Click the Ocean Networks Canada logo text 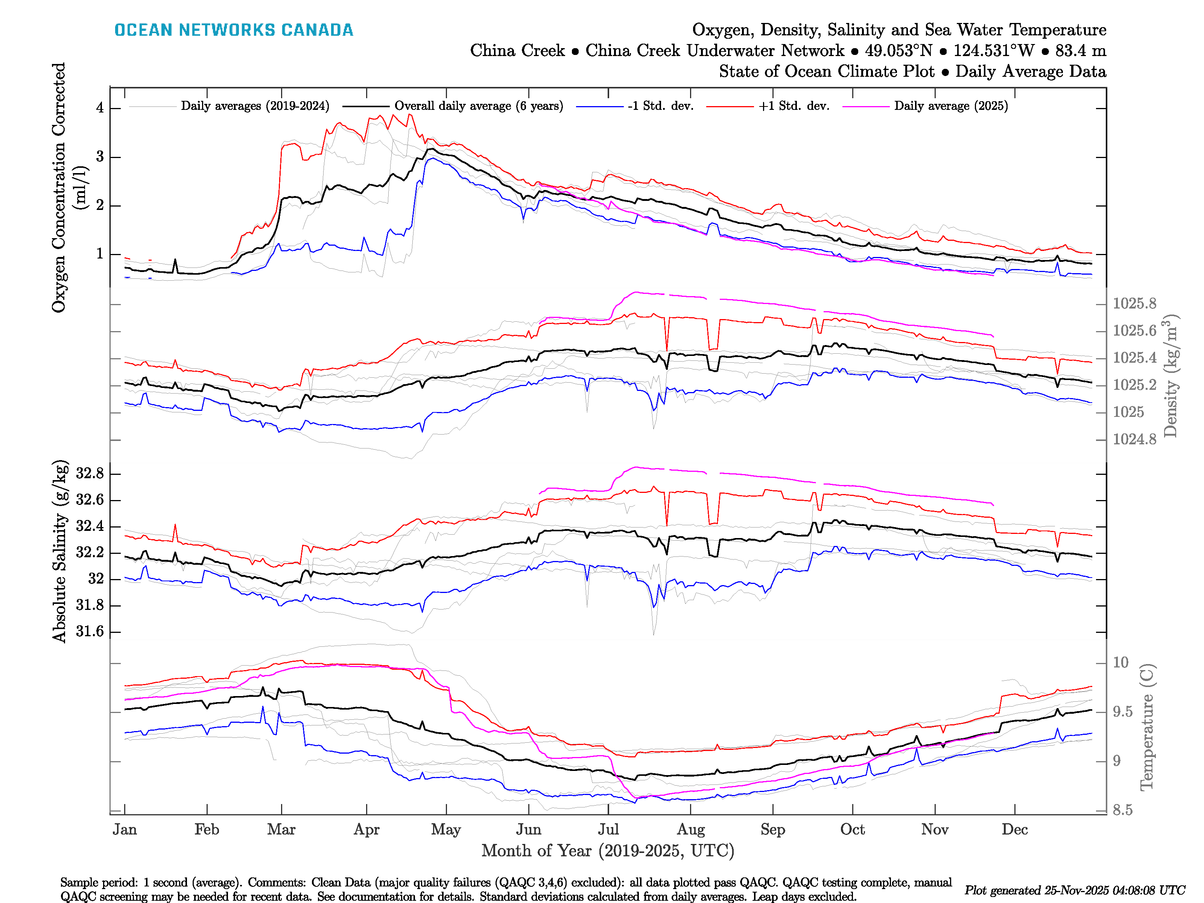(x=234, y=30)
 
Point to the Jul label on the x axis (x=608, y=830)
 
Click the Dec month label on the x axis (x=1015, y=830)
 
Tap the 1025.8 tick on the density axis (x=1134, y=304)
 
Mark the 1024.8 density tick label (x=1134, y=439)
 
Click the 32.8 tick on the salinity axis (x=90, y=474)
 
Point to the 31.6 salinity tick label (x=90, y=631)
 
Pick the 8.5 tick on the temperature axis (x=1122, y=810)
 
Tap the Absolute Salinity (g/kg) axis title (x=59, y=551)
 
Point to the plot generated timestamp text (x=1075, y=891)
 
